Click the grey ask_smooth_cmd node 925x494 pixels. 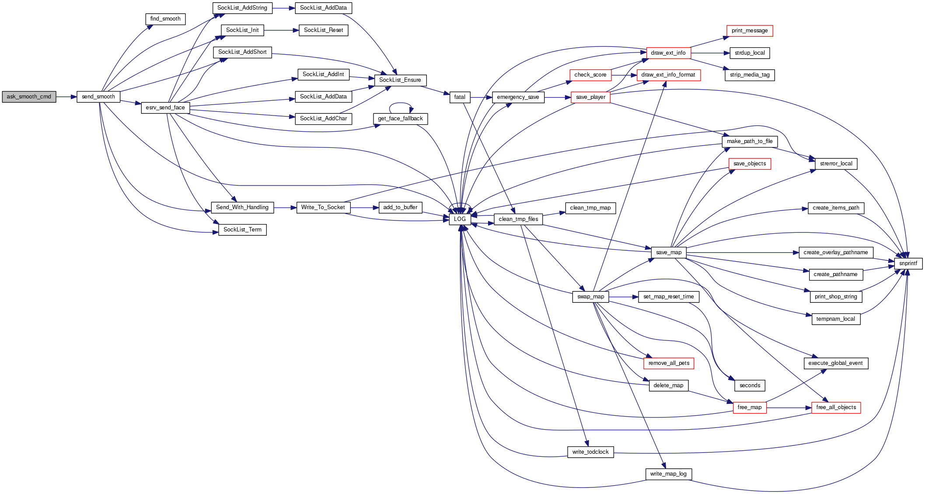coord(29,97)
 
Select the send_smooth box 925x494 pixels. coord(98,97)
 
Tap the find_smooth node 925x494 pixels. coord(165,19)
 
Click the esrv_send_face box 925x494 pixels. coord(165,108)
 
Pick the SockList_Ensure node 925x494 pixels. coord(400,80)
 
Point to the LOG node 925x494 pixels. coord(460,219)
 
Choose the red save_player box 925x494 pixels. coord(590,97)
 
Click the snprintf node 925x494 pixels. coord(908,263)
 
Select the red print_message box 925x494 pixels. coord(750,31)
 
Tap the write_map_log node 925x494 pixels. coord(668,474)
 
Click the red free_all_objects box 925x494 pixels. coord(836,407)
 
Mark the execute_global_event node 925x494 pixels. coord(835,363)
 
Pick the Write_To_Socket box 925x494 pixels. coord(323,207)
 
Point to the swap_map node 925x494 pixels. coord(590,297)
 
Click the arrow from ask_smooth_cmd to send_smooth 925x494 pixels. coord(66,97)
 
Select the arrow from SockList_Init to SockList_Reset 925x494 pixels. coord(281,30)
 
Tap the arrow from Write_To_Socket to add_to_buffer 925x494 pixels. coord(364,207)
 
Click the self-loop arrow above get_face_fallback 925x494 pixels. coord(401,104)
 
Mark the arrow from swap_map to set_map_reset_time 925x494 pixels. coord(623,297)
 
